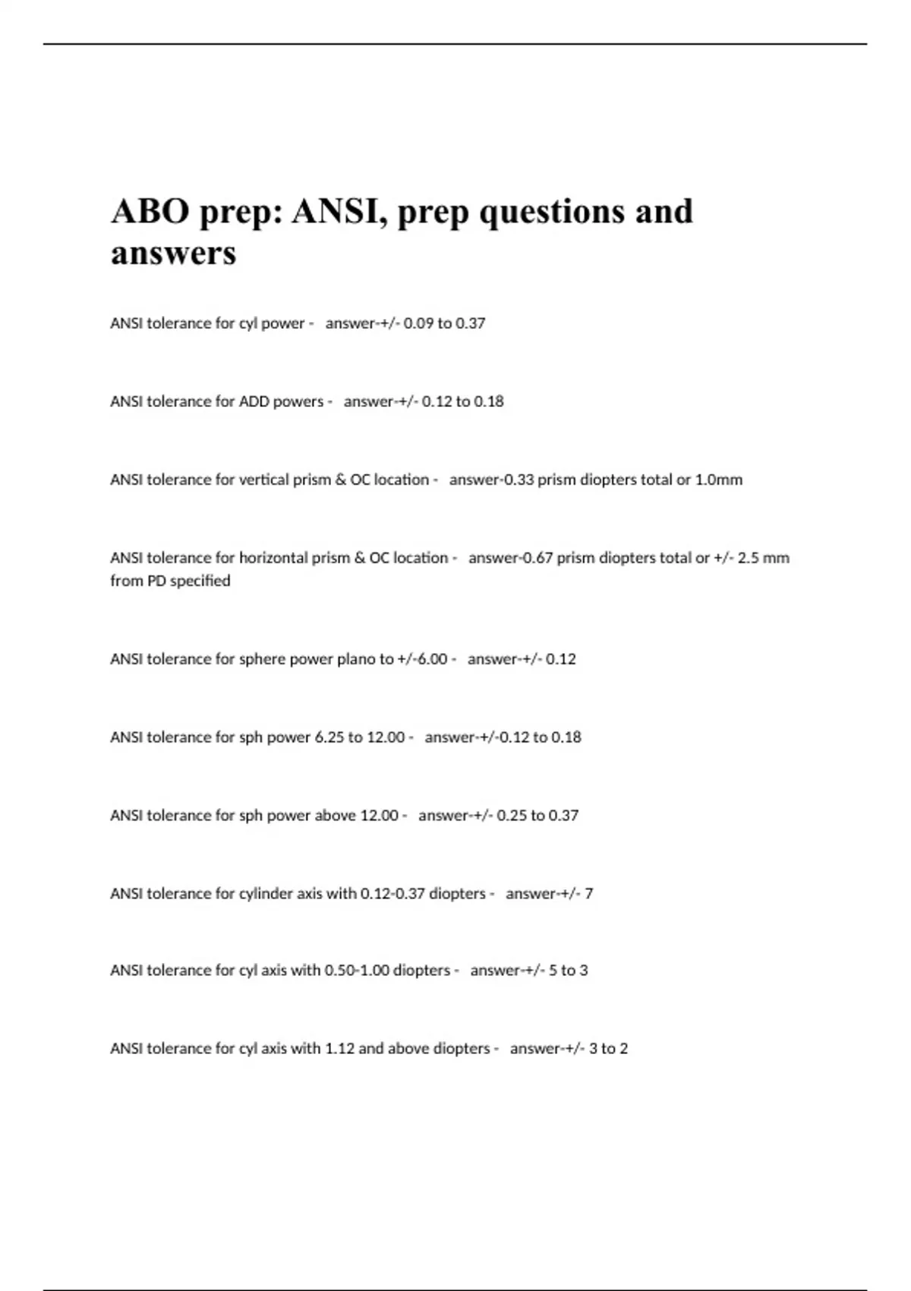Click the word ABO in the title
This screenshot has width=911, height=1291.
tap(150, 211)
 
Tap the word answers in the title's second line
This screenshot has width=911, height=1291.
tap(173, 252)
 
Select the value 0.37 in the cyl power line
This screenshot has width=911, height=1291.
tap(470, 324)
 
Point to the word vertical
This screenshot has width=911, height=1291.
tap(264, 480)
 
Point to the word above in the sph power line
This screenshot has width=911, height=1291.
tap(335, 816)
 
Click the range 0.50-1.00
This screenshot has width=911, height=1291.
tap(357, 971)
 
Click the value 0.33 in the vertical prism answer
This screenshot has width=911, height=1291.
tap(519, 480)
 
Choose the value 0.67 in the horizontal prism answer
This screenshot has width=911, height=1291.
tap(537, 558)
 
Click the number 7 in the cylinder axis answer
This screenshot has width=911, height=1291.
tap(589, 894)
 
